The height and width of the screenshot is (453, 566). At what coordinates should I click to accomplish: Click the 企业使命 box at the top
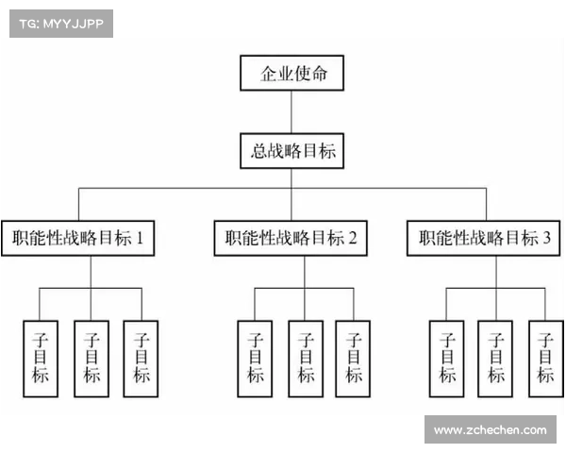(x=292, y=74)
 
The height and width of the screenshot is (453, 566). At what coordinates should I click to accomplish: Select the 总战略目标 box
(x=292, y=151)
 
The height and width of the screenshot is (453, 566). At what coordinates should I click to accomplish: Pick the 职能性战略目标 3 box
(x=486, y=238)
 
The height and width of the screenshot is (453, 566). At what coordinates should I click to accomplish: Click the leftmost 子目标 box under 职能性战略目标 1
(x=40, y=358)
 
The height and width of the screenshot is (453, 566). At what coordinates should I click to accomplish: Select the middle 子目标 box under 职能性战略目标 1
(x=91, y=358)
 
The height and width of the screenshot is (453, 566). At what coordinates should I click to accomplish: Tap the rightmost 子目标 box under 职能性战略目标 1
(x=141, y=358)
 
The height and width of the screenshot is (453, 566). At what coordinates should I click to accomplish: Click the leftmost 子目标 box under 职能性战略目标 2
(x=255, y=358)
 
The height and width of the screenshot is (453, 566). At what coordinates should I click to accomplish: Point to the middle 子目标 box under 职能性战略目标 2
(x=304, y=358)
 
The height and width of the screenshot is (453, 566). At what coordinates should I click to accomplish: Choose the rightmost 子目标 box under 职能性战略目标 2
(x=354, y=358)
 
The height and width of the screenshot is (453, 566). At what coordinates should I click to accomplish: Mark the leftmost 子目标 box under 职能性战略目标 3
(x=447, y=358)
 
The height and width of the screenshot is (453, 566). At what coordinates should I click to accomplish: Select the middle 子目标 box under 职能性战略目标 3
(x=496, y=358)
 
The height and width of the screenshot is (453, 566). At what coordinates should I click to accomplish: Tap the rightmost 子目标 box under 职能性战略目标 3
(x=545, y=358)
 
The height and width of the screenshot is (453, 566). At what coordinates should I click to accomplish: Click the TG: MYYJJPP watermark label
(x=59, y=23)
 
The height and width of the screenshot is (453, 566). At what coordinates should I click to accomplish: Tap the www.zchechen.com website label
(x=490, y=430)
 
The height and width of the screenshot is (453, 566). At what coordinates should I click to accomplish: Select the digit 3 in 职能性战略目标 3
(x=547, y=238)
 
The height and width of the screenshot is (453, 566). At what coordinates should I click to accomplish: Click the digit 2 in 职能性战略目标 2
(x=352, y=238)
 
